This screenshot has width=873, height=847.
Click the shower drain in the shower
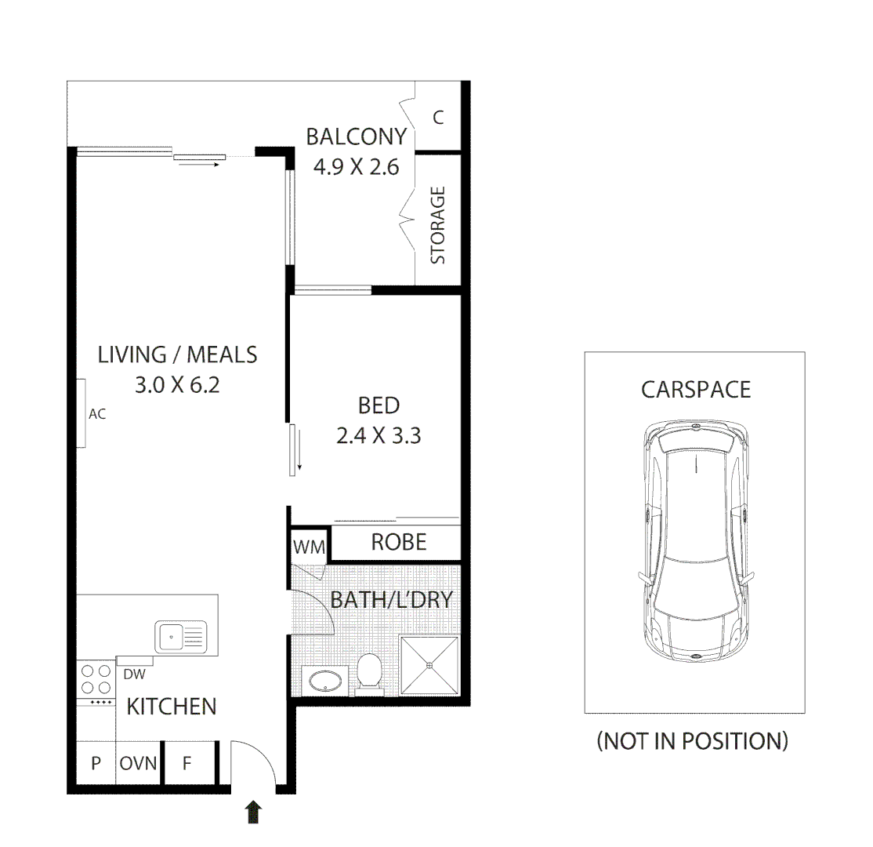click(429, 666)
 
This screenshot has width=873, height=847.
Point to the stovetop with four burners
click(96, 679)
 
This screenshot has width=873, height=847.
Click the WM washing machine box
click(309, 546)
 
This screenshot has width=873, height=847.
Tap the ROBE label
click(398, 542)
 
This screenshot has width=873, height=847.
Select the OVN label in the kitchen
click(138, 763)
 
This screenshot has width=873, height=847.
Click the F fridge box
click(187, 763)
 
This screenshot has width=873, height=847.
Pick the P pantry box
click(96, 763)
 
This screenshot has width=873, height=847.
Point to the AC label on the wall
click(96, 414)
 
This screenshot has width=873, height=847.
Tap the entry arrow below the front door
click(253, 812)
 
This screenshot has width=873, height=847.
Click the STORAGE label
click(438, 224)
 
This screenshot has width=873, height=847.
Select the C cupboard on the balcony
click(438, 118)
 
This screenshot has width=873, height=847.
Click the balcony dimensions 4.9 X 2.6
click(356, 167)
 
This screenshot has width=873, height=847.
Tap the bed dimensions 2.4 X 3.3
click(379, 435)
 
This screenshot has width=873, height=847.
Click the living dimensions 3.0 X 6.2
click(177, 385)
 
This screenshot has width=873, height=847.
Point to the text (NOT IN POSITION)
click(693, 740)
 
